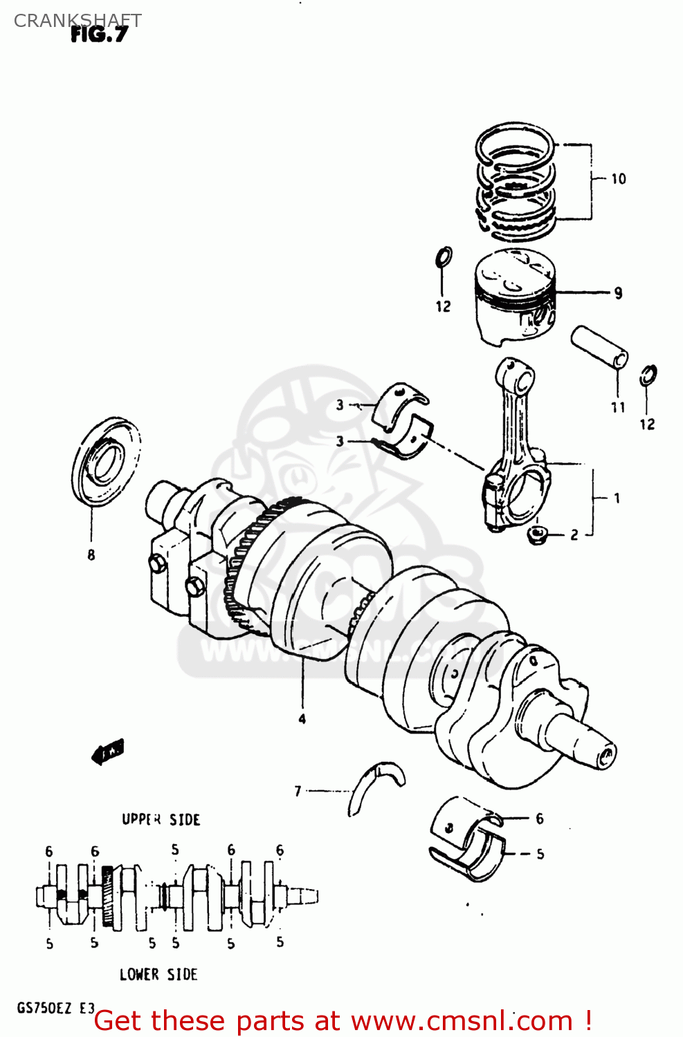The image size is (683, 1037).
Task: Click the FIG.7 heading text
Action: (99, 35)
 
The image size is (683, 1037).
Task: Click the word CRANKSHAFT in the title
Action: (78, 20)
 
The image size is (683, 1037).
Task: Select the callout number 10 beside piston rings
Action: (618, 179)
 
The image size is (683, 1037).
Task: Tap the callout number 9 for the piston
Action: (618, 293)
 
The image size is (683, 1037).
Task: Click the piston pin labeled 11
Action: (599, 347)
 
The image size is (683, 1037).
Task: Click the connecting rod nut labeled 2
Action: (538, 534)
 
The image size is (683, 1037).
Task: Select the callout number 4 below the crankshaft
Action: (302, 719)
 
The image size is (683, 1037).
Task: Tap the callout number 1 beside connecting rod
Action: (617, 498)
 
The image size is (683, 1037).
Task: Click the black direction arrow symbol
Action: (108, 751)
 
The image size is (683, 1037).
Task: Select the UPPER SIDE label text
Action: (161, 819)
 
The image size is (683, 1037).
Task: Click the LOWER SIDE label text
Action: (158, 974)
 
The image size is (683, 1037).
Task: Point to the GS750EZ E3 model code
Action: (55, 1007)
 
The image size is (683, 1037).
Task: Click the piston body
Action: (516, 297)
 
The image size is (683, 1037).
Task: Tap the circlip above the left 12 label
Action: (444, 257)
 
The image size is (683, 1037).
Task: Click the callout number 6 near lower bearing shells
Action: (540, 819)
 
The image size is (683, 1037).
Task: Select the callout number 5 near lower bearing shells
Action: (540, 854)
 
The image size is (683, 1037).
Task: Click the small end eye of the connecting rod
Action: (515, 377)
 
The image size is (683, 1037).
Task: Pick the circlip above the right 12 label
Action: (648, 375)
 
